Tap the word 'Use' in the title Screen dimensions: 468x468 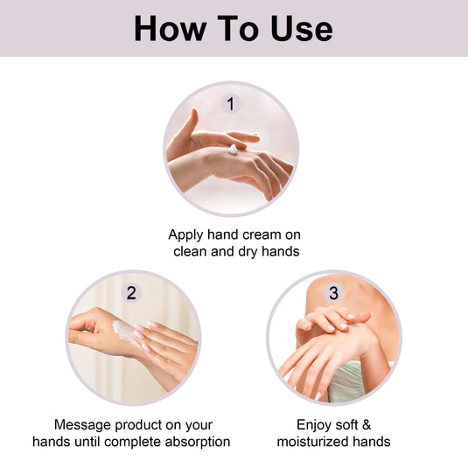pos(299,28)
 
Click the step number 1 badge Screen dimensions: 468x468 pos(231,104)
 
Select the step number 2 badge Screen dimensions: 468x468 pos(131,293)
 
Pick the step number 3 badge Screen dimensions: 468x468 pos(333,293)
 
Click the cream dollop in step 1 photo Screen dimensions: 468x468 pos(234,150)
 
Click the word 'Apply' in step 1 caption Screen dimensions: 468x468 pos(187,234)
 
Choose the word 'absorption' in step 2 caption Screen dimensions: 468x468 pos(193,442)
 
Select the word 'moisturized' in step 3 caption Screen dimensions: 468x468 pos(313,442)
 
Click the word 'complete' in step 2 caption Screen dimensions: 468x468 pos(126,442)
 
